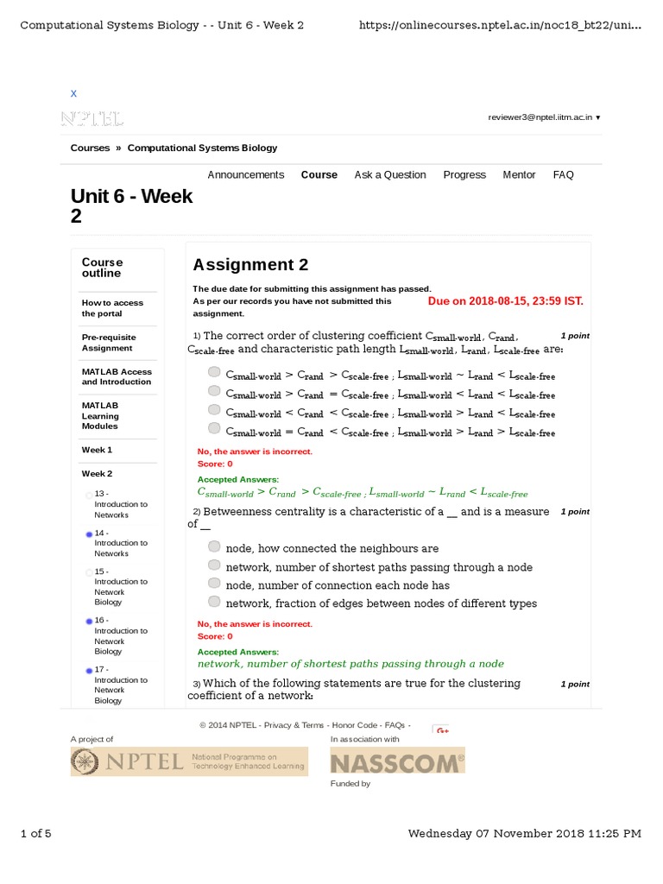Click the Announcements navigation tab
pyautogui.click(x=245, y=174)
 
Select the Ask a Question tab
pyautogui.click(x=389, y=174)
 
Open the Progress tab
pyautogui.click(x=464, y=174)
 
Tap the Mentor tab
pyautogui.click(x=519, y=174)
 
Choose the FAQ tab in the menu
pyautogui.click(x=563, y=174)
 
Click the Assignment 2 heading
pyautogui.click(x=250, y=265)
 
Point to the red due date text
pyautogui.click(x=505, y=301)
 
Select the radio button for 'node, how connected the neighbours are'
pyautogui.click(x=214, y=546)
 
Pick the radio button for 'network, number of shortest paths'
pyautogui.click(x=214, y=565)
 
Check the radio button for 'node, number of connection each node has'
pyautogui.click(x=214, y=584)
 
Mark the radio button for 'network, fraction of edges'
pyautogui.click(x=214, y=602)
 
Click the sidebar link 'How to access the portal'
pyautogui.click(x=112, y=308)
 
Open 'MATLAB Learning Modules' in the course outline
pyautogui.click(x=100, y=415)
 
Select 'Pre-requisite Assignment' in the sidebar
pyautogui.click(x=108, y=343)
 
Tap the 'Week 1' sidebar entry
pyautogui.click(x=97, y=450)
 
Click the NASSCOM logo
pyautogui.click(x=397, y=761)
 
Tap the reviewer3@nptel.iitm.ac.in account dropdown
pyautogui.click(x=544, y=117)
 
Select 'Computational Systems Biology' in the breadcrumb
pyautogui.click(x=202, y=148)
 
